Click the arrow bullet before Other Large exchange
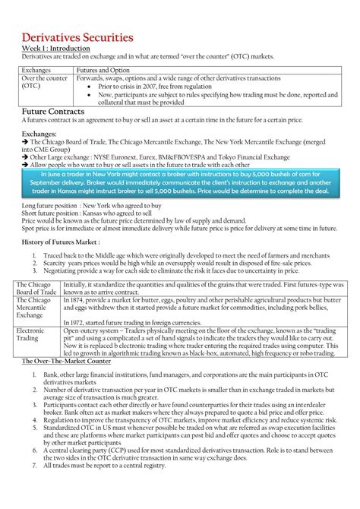(24, 156)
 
